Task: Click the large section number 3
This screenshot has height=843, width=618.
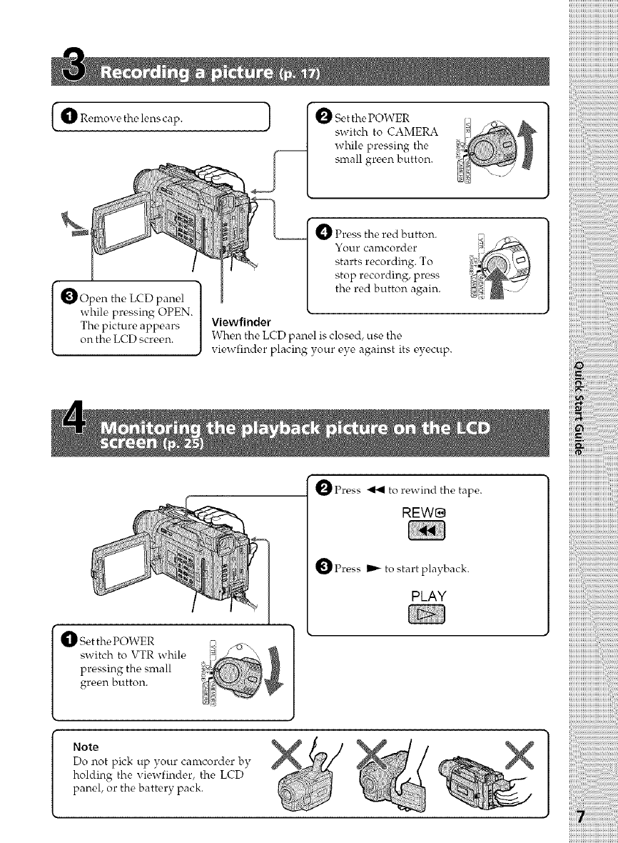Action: pos(72,70)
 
